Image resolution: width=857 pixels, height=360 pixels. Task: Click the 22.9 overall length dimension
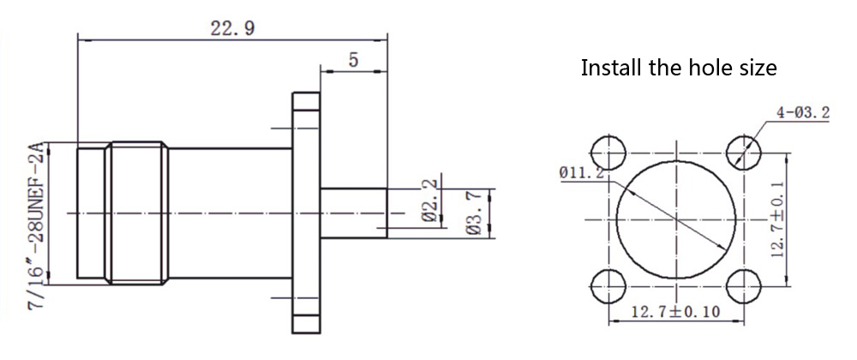click(232, 28)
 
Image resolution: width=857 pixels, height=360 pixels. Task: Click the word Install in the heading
click(610, 68)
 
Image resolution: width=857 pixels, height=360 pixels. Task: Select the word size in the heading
click(758, 68)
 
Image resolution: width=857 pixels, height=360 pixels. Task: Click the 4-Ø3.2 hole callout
click(803, 112)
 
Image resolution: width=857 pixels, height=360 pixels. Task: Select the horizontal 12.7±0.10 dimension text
click(676, 312)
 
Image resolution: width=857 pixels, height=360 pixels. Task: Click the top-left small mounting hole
click(610, 153)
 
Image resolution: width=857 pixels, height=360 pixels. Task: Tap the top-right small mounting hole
click(742, 153)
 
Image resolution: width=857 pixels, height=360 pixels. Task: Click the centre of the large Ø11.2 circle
click(676, 219)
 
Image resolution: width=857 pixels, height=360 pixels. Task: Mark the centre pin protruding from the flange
click(353, 212)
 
